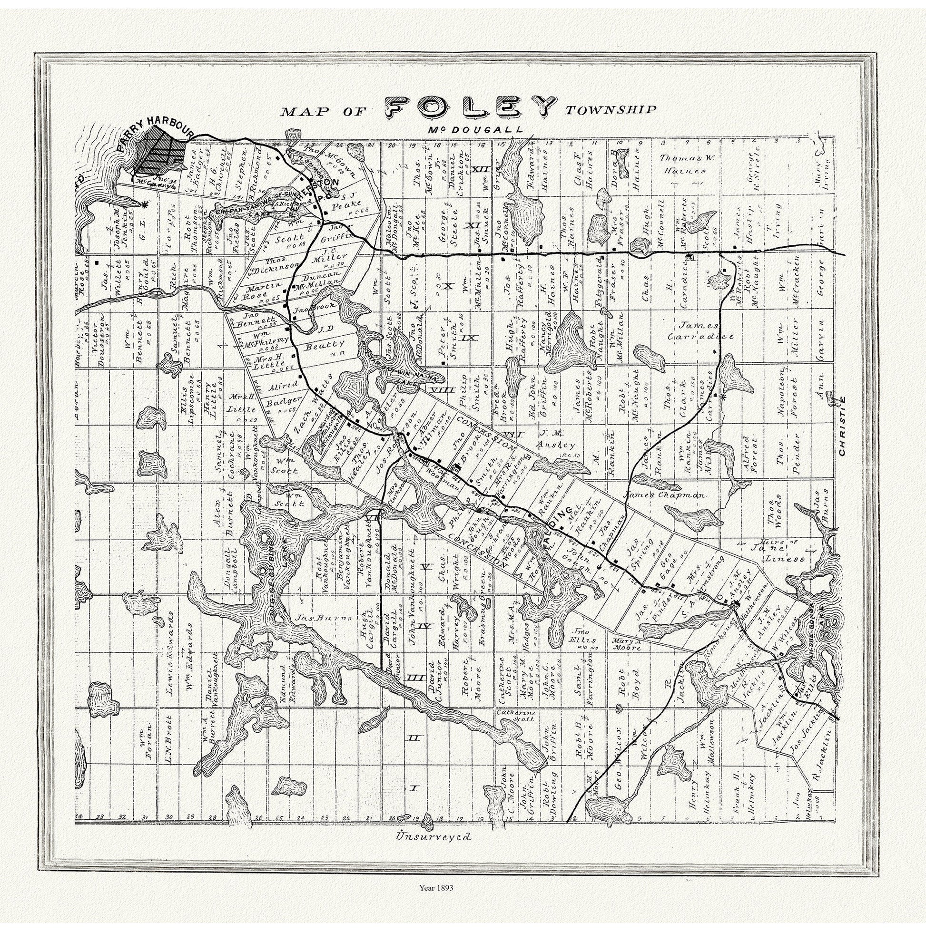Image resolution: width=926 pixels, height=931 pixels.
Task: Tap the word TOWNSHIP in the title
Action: pos(610,109)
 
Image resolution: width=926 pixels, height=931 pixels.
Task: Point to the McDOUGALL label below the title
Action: pos(474,130)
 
